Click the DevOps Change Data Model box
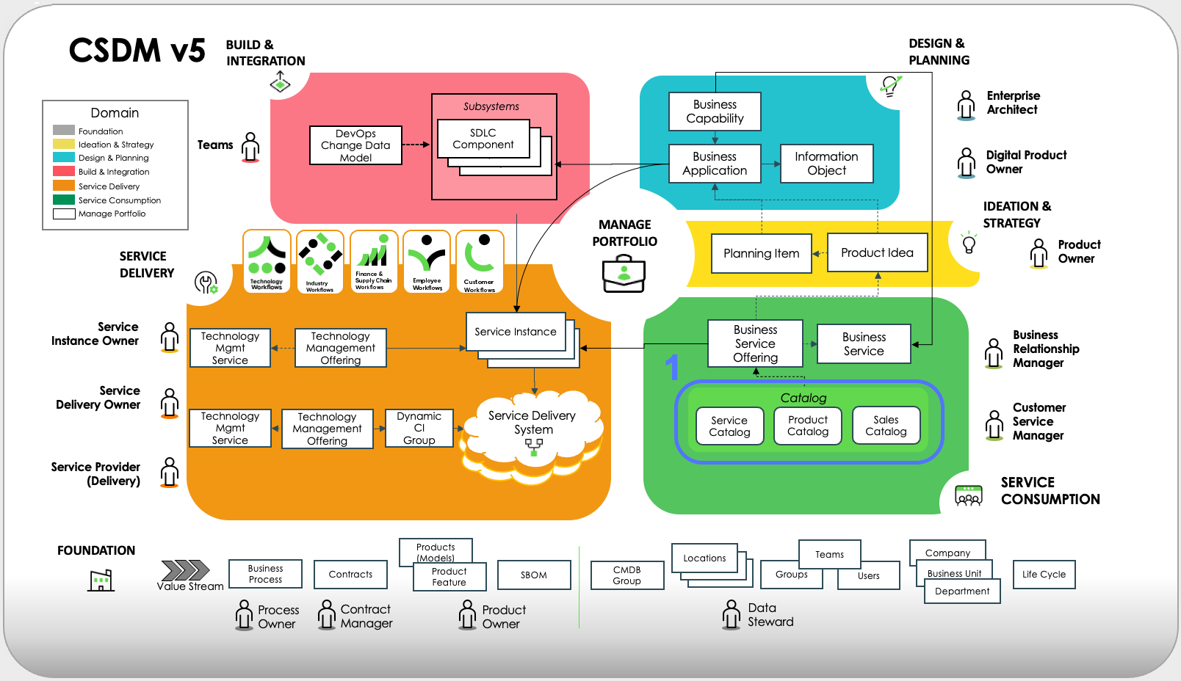pos(355,145)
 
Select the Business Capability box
pos(715,111)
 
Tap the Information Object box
pos(826,163)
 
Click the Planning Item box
pos(762,253)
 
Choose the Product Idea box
pos(877,253)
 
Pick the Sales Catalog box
pos(886,426)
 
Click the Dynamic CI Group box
pos(419,428)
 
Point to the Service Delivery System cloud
pos(532,434)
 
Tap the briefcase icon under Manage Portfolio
pos(624,273)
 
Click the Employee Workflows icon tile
pos(427,261)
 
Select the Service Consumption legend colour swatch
pos(64,200)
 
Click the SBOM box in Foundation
pos(533,575)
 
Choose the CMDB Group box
pos(627,575)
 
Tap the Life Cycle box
pos(1044,575)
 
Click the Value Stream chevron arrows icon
pos(185,570)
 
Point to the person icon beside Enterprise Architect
pos(966,105)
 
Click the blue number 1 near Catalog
pos(671,367)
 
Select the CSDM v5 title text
pos(137,51)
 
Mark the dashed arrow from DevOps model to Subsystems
pos(416,145)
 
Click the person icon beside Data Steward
pos(732,614)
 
